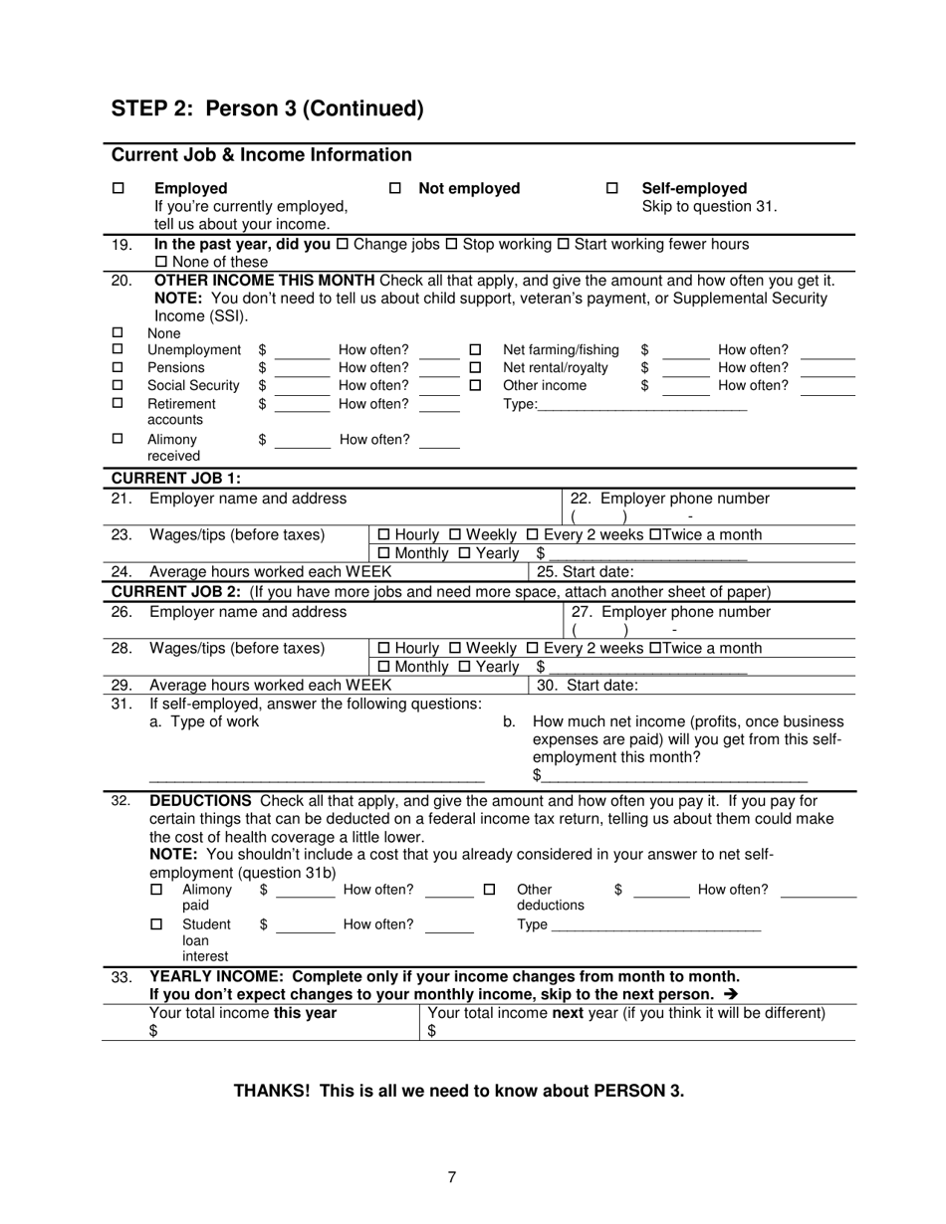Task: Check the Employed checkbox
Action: click(x=118, y=188)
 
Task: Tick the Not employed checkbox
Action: click(x=394, y=188)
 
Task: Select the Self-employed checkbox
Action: click(x=612, y=188)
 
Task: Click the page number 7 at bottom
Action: click(x=452, y=1177)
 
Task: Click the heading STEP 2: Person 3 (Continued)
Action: click(x=267, y=108)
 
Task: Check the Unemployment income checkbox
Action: click(x=118, y=349)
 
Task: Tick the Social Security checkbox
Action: click(x=118, y=385)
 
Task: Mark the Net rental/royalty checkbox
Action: click(x=475, y=367)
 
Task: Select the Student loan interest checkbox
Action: click(x=156, y=924)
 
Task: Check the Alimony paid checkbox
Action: click(x=156, y=890)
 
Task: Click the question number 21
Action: click(x=120, y=499)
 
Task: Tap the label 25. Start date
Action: click(x=585, y=571)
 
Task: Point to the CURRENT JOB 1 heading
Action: click(x=188, y=478)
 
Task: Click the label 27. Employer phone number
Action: click(x=670, y=612)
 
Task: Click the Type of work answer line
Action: click(x=316, y=776)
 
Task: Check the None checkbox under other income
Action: click(x=118, y=333)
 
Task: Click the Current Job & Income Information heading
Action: click(x=261, y=155)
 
